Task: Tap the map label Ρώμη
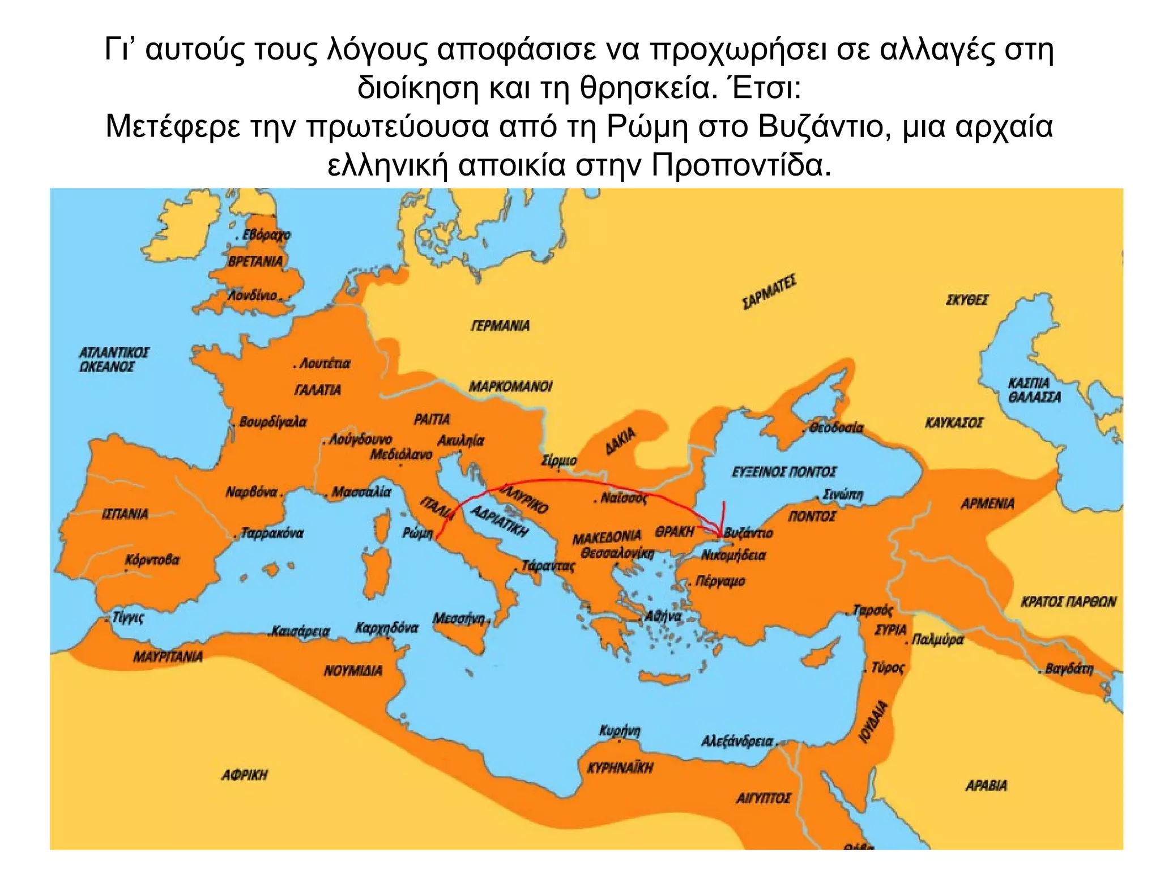tap(417, 534)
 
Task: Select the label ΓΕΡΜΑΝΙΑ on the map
tap(500, 326)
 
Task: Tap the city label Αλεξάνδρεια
tap(737, 741)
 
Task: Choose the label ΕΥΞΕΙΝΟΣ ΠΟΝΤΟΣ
tap(784, 472)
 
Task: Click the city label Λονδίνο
tap(253, 296)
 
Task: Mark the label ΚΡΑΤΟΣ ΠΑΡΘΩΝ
tap(1068, 602)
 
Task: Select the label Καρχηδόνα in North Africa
tap(387, 628)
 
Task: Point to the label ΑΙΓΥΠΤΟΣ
tap(763, 798)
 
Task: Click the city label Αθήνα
tap(663, 616)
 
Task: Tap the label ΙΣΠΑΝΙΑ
tap(125, 514)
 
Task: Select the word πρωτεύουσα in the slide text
tap(398, 126)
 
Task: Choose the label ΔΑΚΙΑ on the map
tap(621, 442)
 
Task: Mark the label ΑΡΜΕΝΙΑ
tap(987, 504)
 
